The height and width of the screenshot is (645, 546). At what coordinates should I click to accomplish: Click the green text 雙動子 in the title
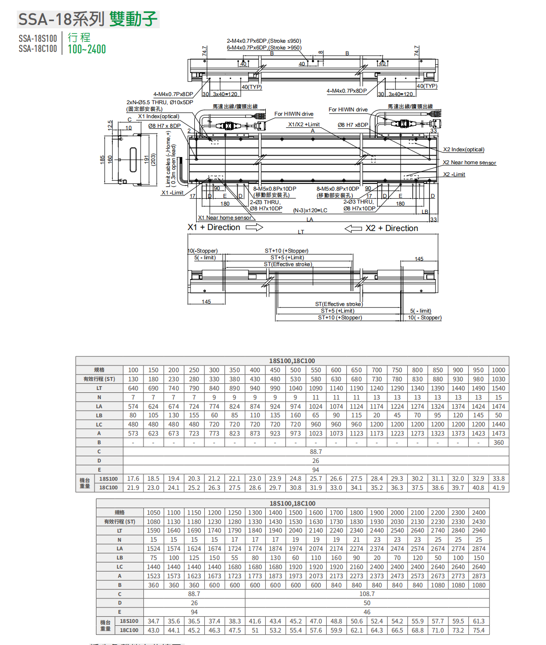[x=133, y=19]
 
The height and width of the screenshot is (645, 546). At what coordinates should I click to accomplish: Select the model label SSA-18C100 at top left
[x=38, y=49]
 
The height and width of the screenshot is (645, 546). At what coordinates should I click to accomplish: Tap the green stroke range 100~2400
[x=87, y=49]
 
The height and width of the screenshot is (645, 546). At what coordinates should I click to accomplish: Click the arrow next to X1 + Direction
[x=254, y=227]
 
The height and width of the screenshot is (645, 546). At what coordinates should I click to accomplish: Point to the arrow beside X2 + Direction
[x=353, y=229]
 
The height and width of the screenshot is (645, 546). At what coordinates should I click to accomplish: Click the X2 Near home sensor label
[x=469, y=163]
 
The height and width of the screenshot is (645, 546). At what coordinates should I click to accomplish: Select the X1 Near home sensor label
[x=225, y=218]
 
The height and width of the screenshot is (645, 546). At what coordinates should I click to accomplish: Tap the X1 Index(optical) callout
[x=159, y=116]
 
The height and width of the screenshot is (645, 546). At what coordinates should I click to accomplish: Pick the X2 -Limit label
[x=454, y=174]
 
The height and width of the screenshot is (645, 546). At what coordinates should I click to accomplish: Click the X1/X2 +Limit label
[x=304, y=124]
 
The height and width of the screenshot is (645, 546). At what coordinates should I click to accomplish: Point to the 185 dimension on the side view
[x=102, y=159]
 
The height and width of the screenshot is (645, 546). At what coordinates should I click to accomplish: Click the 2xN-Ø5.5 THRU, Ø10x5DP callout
[x=160, y=102]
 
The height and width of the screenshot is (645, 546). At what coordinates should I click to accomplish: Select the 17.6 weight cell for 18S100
[x=133, y=479]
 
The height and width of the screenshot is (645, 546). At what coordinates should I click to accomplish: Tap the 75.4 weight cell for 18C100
[x=479, y=630]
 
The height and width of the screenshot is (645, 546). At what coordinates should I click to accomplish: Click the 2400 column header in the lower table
[x=479, y=512]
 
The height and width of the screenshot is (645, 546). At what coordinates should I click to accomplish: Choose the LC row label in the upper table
[x=99, y=425]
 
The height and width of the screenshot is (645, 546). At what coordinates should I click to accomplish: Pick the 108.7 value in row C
[x=367, y=594]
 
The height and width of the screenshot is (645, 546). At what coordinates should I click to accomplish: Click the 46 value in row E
[x=367, y=612]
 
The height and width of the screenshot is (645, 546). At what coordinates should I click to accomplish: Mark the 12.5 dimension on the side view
[x=110, y=125]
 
